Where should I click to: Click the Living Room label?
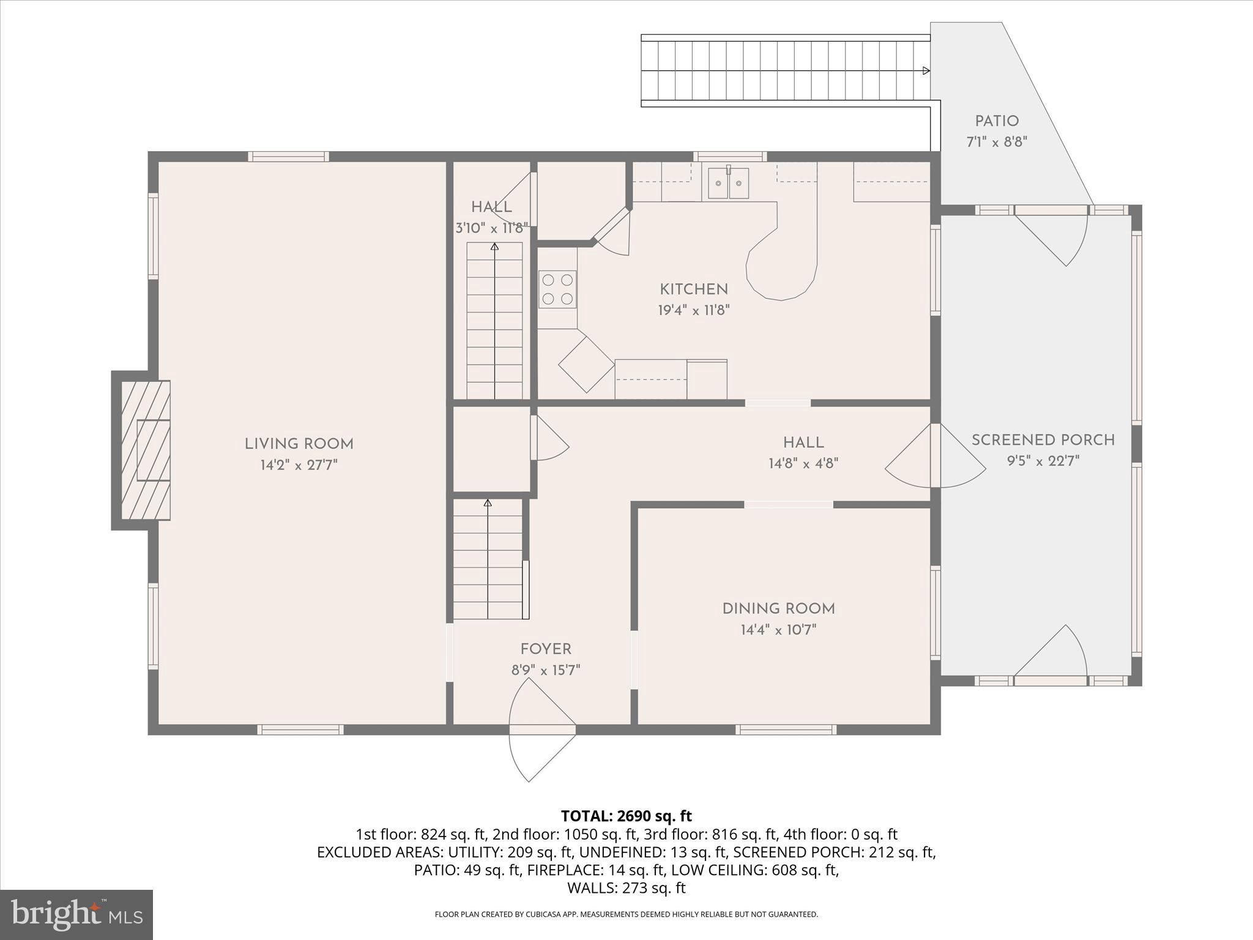[299, 444]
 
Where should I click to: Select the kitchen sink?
[728, 183]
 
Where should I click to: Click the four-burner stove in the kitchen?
[557, 289]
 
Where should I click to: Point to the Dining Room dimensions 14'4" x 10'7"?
[778, 630]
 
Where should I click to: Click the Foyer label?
[546, 649]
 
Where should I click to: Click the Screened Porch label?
[1043, 440]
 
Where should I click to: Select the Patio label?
[997, 121]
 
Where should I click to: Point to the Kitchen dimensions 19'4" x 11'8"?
[694, 310]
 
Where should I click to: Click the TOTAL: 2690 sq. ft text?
[626, 816]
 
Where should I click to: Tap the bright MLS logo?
[76, 914]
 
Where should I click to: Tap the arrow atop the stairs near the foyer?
[488, 503]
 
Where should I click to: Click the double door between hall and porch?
[934, 456]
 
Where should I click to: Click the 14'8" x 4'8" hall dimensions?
[803, 463]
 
